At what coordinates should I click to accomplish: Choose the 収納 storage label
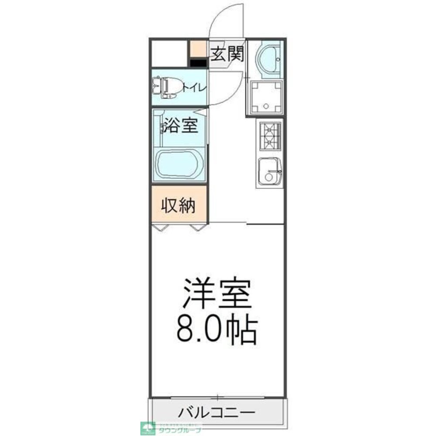click(x=179, y=205)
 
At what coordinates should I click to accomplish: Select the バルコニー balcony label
click(x=217, y=412)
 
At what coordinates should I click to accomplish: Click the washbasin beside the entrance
click(x=268, y=59)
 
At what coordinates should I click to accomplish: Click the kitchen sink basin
click(x=269, y=171)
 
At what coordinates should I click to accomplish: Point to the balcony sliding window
click(x=217, y=397)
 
